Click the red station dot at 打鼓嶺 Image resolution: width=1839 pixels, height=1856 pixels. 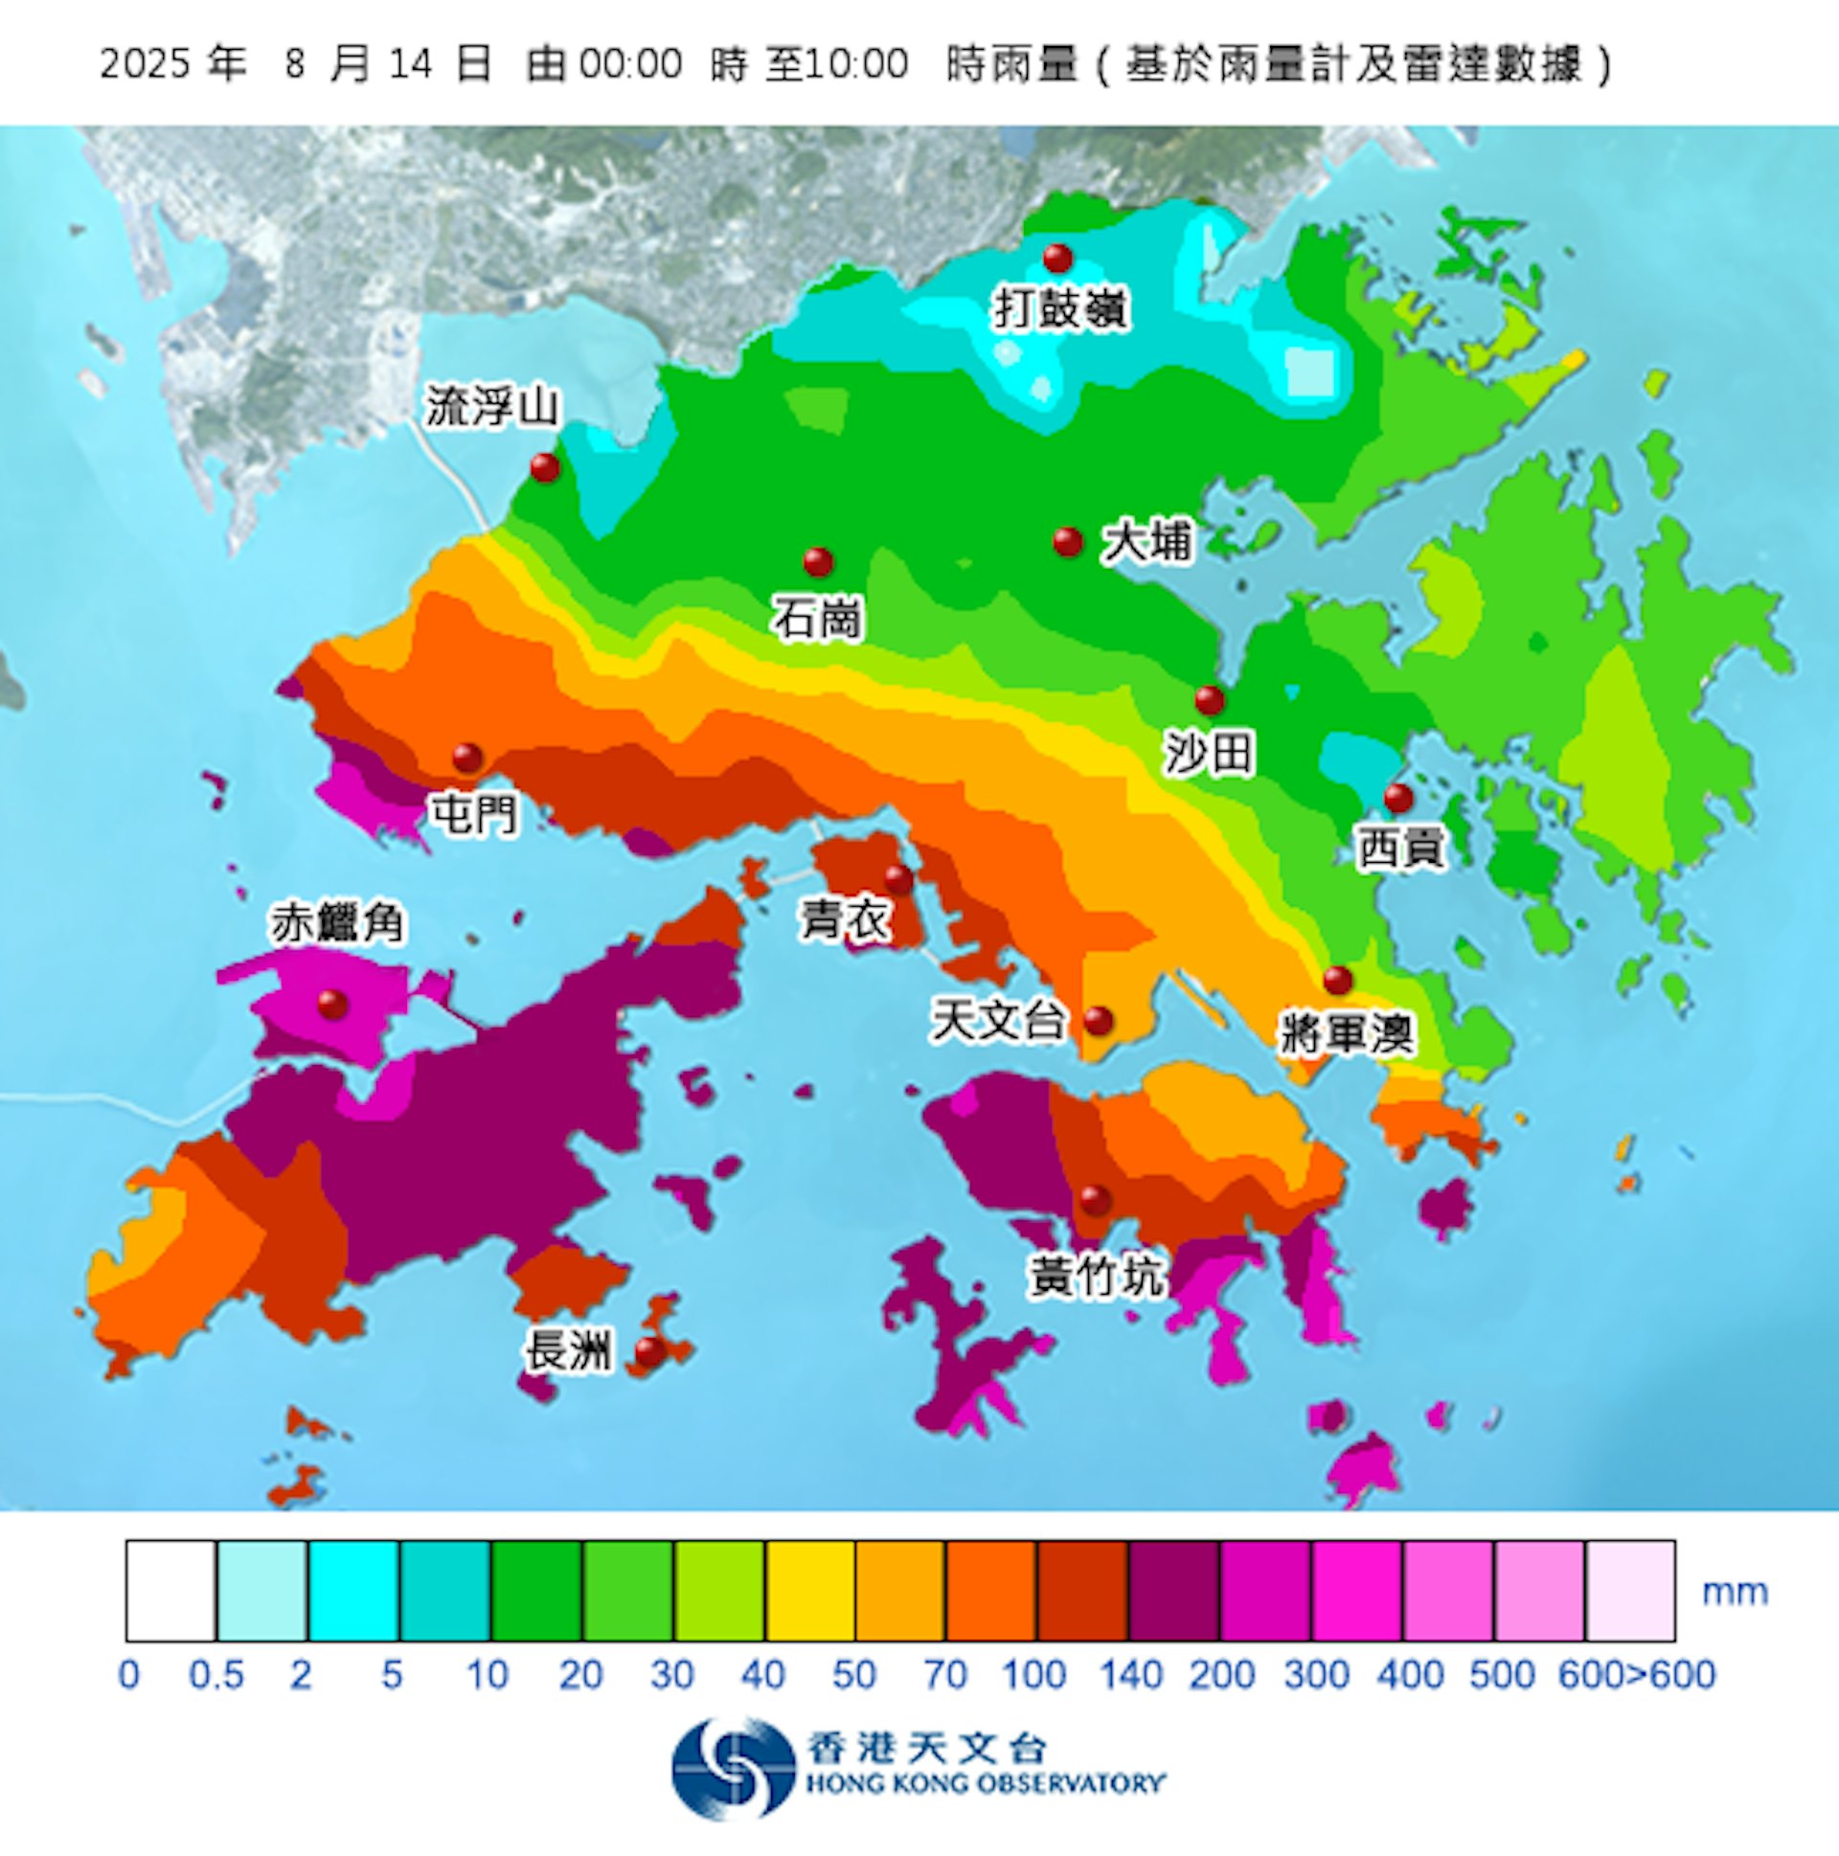1056,258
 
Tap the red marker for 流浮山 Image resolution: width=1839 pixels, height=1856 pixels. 545,468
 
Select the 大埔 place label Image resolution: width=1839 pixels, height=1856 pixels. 1147,542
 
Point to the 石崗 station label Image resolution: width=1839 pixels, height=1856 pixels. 818,619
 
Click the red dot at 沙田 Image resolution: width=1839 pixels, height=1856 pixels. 1210,700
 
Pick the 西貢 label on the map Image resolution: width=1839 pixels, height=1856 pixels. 1401,848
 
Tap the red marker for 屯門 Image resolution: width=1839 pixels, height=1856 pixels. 468,758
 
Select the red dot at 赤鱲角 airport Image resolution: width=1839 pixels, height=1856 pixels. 332,1004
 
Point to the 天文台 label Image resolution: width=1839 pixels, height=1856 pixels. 999,1019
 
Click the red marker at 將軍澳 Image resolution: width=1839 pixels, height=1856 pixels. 1337,980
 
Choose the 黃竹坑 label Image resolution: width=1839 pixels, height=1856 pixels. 1097,1276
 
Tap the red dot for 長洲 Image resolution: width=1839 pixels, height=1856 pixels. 650,1351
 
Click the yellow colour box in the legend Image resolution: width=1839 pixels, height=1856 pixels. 809,1590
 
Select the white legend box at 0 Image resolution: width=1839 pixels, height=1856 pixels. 170,1590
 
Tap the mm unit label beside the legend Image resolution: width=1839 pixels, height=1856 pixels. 1736,1592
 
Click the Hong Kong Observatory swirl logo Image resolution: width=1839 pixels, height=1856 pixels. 733,1768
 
